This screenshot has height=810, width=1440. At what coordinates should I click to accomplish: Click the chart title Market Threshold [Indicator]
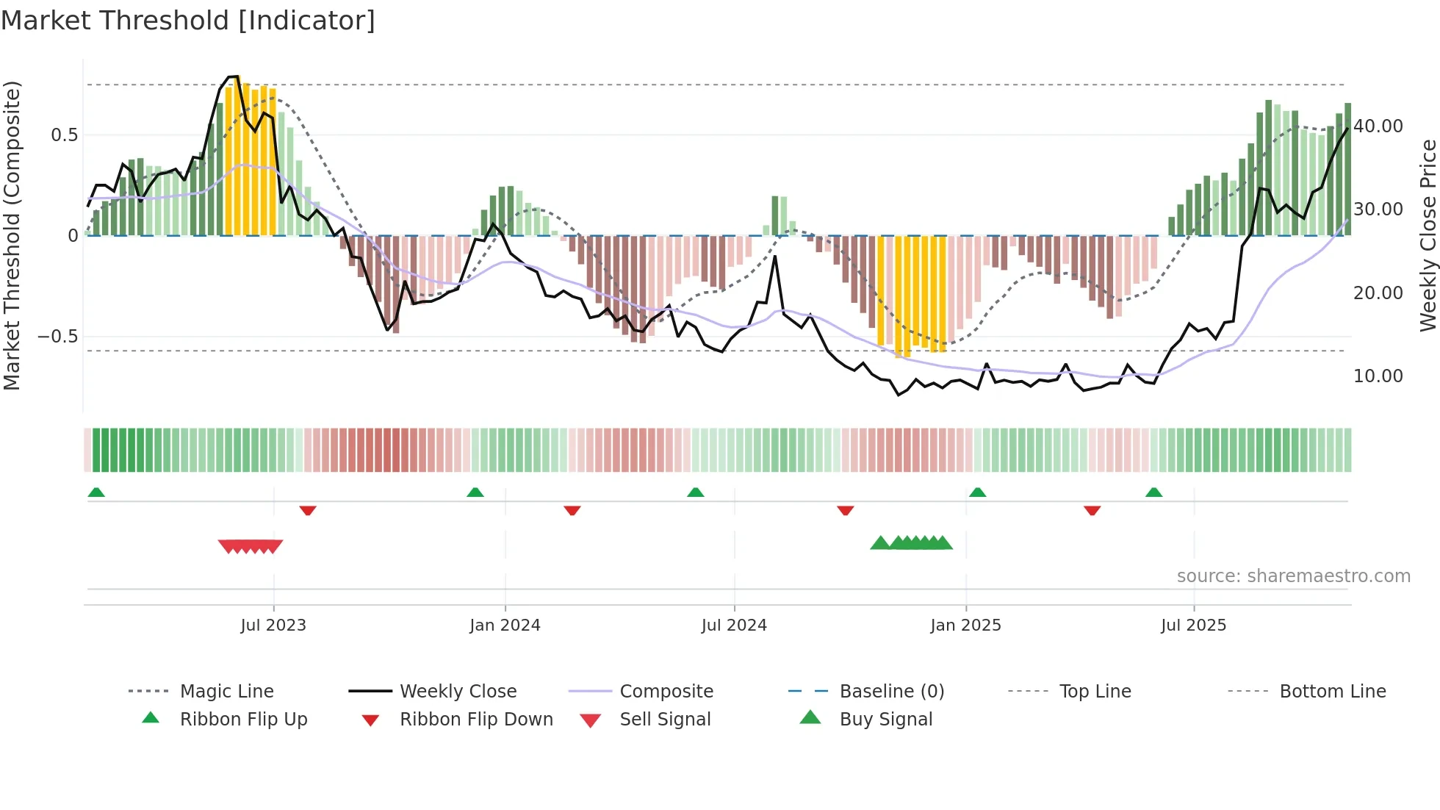click(x=188, y=21)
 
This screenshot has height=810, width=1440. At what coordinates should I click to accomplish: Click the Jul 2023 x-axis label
click(x=273, y=626)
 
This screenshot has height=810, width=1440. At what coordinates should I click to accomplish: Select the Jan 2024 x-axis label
click(x=505, y=626)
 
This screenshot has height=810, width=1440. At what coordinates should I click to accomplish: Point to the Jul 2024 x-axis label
click(x=734, y=626)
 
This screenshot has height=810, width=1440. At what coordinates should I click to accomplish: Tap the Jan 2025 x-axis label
click(x=965, y=626)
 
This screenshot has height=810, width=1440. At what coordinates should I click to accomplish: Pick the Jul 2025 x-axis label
click(x=1193, y=626)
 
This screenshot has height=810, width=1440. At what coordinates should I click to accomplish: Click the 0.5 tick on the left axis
click(x=64, y=135)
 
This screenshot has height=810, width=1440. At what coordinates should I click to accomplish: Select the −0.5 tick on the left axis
click(x=57, y=337)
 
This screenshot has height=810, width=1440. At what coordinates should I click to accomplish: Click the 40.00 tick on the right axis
click(x=1378, y=126)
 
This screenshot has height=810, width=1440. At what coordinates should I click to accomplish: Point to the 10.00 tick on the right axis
click(x=1378, y=376)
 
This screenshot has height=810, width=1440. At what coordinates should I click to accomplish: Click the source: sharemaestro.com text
click(x=1293, y=576)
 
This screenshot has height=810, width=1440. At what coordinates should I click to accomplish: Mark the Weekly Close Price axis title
click(x=1428, y=235)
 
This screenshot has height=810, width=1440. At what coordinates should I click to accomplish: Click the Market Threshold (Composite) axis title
click(x=12, y=235)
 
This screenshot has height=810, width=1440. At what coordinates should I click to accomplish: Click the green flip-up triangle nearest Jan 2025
click(x=977, y=492)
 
